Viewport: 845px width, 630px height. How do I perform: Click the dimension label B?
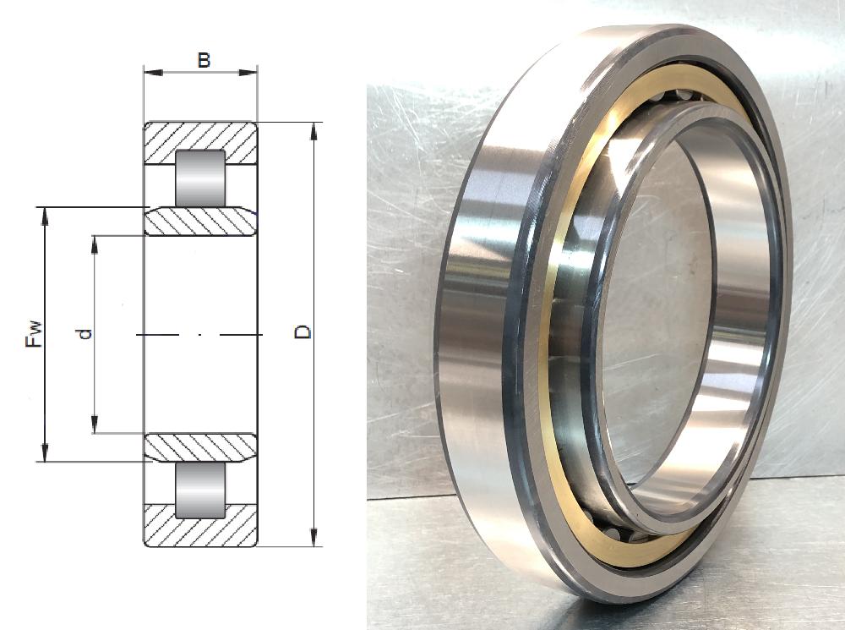pos(203,60)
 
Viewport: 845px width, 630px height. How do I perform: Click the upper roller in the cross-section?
pos(200,178)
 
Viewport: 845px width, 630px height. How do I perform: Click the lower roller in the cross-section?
pos(200,490)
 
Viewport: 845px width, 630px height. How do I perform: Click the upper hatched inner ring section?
pos(200,222)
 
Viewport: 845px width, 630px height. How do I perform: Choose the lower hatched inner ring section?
pos(200,447)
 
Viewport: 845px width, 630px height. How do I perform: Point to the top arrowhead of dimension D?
pos(315,129)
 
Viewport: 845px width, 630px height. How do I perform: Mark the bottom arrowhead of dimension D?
pos(315,539)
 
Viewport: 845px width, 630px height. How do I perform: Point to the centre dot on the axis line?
pos(200,336)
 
